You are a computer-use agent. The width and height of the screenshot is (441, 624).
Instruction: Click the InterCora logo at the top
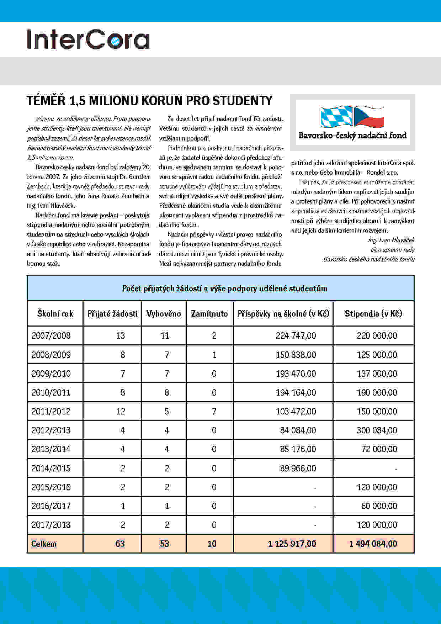[x=88, y=39]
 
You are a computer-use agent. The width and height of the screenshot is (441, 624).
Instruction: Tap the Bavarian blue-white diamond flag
[x=336, y=116]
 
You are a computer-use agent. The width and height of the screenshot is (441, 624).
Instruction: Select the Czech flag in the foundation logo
[x=369, y=116]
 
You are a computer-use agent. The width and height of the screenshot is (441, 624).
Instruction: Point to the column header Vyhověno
[x=164, y=314]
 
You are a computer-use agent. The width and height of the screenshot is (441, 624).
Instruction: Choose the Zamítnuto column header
[x=209, y=314]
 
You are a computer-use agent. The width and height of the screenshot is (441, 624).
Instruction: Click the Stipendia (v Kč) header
[x=373, y=314]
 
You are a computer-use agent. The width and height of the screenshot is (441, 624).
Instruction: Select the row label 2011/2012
[x=51, y=412]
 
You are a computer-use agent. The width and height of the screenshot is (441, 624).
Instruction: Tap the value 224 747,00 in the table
[x=296, y=336]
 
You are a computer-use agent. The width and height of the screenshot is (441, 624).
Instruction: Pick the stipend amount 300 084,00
[x=377, y=430]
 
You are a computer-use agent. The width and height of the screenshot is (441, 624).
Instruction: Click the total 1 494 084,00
[x=373, y=544]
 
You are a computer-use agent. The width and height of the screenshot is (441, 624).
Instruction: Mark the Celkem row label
[x=44, y=544]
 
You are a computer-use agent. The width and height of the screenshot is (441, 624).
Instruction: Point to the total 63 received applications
[x=120, y=544]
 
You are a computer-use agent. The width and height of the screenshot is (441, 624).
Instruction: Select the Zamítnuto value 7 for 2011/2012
[x=214, y=412]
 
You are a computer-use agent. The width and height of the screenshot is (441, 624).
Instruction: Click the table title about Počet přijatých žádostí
[x=224, y=289]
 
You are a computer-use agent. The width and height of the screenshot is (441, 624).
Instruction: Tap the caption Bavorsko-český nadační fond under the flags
[x=352, y=136]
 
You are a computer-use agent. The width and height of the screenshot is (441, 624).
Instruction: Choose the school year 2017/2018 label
[x=51, y=525]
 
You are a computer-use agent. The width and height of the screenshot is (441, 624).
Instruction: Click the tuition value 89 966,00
[x=298, y=468]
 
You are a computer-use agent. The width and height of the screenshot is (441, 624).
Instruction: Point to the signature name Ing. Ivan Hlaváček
[x=392, y=240]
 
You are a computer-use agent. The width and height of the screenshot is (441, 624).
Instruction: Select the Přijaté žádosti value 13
[x=121, y=336]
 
